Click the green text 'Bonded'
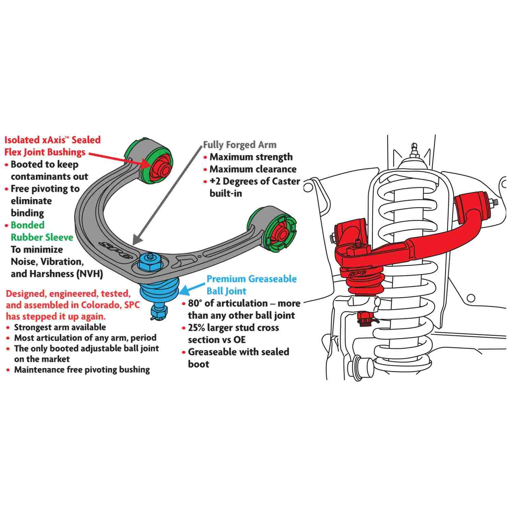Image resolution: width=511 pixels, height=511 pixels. pos(28,225)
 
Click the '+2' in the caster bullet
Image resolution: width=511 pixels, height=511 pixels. pos(217,181)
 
